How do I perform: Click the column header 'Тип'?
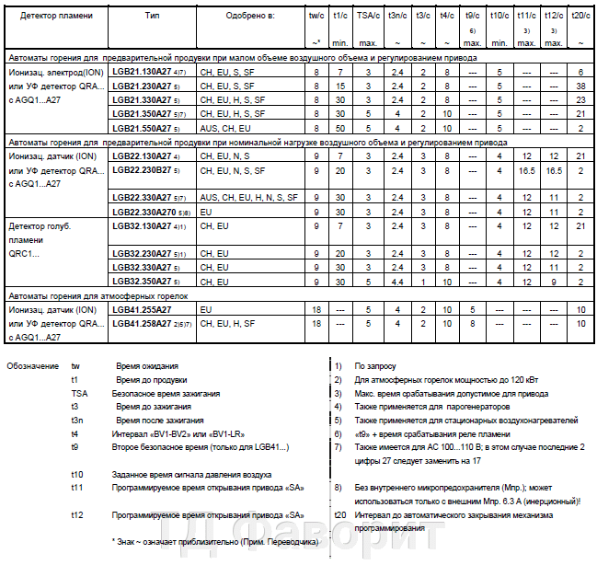[152, 17]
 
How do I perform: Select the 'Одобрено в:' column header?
[244, 17]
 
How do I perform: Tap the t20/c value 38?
[581, 85]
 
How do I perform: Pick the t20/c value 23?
[581, 98]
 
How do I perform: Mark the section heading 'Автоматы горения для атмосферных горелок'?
[97, 295]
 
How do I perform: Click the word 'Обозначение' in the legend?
[34, 365]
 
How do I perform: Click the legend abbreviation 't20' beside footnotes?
[340, 514]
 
